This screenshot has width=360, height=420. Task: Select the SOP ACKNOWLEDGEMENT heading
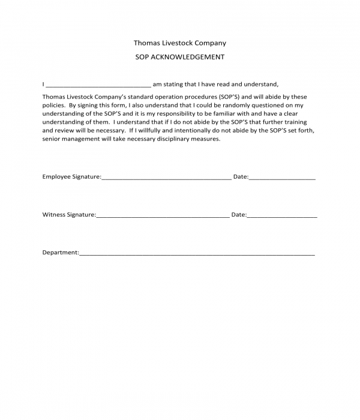click(x=180, y=58)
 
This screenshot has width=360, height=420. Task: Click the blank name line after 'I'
click(x=98, y=85)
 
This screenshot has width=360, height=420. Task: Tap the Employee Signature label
click(x=71, y=177)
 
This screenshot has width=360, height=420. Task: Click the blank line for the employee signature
click(x=166, y=178)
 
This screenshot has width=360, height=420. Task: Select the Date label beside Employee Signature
click(x=240, y=177)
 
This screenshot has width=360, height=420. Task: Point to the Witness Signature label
click(x=68, y=214)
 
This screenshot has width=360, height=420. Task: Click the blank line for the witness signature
click(x=162, y=215)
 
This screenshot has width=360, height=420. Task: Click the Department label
click(x=60, y=253)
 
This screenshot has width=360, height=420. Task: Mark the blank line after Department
click(x=197, y=254)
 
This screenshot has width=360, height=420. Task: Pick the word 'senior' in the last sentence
click(x=52, y=139)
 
